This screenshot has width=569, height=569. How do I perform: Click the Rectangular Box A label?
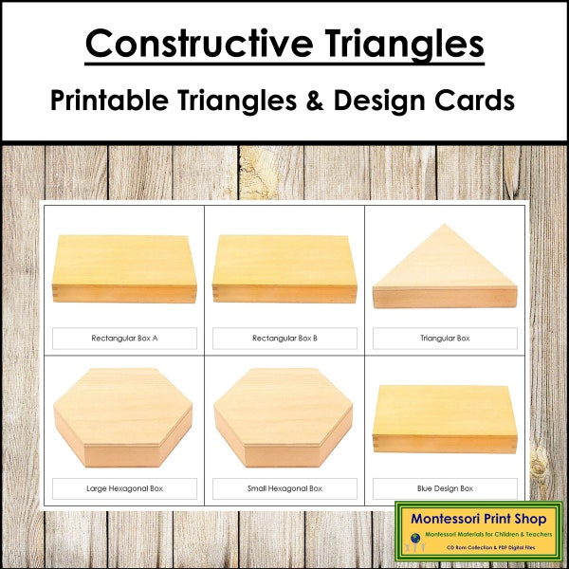124,338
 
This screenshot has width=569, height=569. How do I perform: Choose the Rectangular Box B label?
284,338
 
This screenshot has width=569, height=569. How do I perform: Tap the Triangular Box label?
445,338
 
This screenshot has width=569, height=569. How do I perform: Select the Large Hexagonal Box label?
124,488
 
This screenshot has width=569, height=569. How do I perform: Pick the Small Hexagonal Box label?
284,488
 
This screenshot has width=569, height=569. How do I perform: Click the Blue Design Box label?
445,488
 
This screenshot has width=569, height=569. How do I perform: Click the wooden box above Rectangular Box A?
124,266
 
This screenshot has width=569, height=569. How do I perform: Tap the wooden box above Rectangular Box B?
284,266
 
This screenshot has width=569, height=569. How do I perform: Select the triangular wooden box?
445,275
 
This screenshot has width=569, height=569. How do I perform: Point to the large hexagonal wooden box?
124,418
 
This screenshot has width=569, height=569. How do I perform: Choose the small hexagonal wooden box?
284,418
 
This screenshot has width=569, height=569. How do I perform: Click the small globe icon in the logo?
415,538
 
